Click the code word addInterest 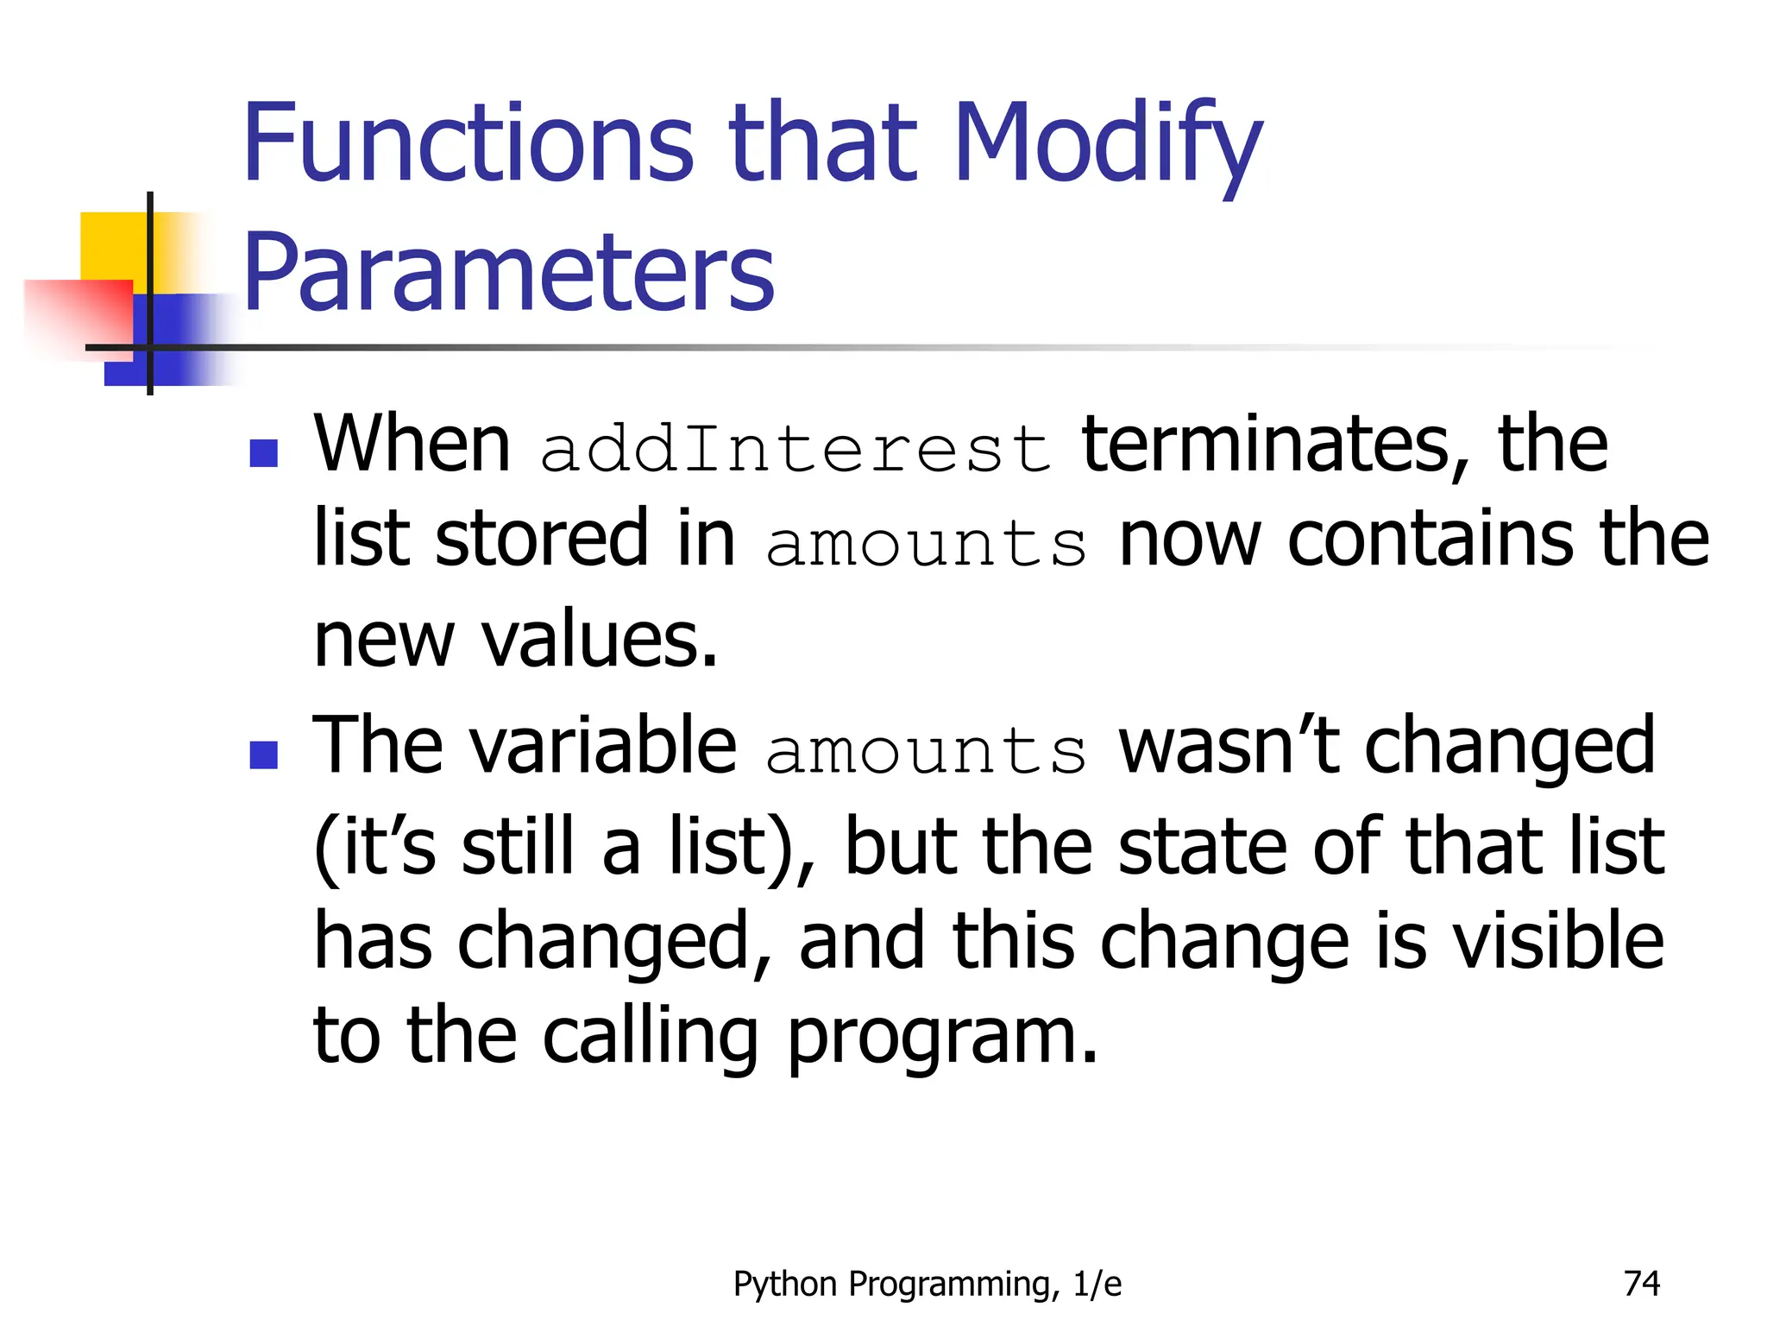(795, 448)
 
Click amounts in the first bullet (926, 544)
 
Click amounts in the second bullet (926, 750)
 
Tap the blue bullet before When (263, 452)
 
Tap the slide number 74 (1641, 1284)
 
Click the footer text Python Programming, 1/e (928, 1285)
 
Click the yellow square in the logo (112, 246)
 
